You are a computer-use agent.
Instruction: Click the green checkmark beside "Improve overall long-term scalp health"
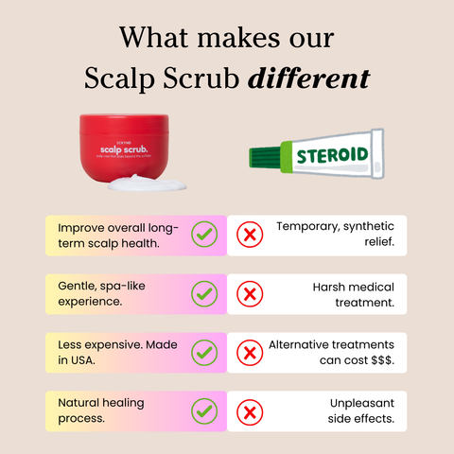pos(204,235)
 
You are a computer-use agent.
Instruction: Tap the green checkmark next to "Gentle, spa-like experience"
pos(204,294)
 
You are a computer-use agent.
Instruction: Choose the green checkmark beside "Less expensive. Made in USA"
pos(204,353)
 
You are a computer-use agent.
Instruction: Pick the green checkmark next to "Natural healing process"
pos(204,411)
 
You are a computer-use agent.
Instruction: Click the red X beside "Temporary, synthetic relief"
pos(250,235)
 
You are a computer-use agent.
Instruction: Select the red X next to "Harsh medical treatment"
pos(250,294)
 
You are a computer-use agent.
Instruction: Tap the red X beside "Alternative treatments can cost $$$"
pos(250,353)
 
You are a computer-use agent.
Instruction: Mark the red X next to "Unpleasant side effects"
pos(250,411)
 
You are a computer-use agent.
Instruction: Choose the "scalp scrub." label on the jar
pos(126,148)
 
